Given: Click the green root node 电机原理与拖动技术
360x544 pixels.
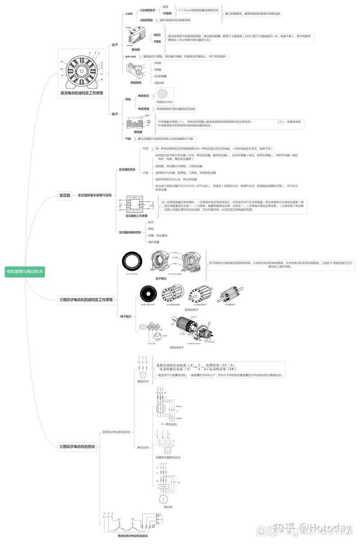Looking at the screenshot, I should pos(25,272).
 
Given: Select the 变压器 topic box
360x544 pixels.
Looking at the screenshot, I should pos(65,195).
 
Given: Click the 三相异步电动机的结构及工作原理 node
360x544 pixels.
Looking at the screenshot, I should pos(86,299).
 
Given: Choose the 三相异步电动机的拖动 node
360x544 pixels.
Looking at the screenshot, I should pos(77,446).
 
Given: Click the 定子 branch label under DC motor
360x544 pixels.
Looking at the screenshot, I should pos(115,45).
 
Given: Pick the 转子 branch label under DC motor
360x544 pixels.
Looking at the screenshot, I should pos(115,114).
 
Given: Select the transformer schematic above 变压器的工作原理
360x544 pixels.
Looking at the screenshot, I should pos(136,205).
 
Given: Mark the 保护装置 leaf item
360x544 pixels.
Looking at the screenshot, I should pos(154,242).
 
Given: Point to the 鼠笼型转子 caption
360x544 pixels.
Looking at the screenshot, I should pos(192,310).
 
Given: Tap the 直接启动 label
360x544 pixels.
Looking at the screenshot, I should pos(143,381).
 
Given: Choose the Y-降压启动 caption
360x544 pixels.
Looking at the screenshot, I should pos(169,424).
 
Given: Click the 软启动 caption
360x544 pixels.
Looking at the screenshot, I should pos(168,507).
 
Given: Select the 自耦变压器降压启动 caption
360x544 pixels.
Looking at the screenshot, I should pos(168,457).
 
